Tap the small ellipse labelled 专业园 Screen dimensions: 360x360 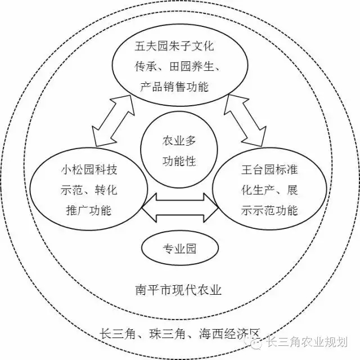pyautogui.click(x=179, y=248)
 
